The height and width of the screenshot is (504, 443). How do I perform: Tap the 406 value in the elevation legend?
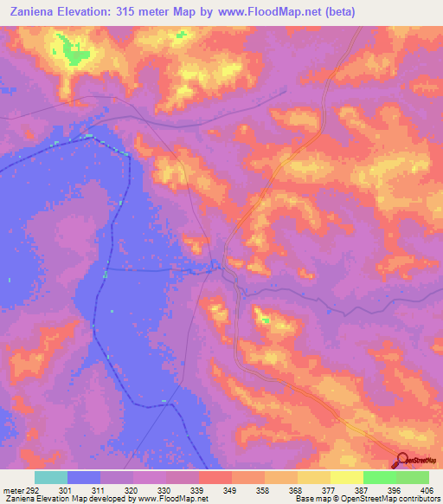tap(425, 490)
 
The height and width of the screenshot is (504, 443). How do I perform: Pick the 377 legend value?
tap(328, 490)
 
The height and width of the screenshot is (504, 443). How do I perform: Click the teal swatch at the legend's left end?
tap(51, 477)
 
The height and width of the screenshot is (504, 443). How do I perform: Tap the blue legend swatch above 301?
tap(84, 477)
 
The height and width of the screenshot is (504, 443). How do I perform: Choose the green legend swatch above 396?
tap(380, 477)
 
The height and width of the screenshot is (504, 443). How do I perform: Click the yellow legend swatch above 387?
tap(347, 477)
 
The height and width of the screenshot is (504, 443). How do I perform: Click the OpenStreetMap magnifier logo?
tap(402, 460)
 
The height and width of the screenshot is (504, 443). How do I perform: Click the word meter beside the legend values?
tap(13, 490)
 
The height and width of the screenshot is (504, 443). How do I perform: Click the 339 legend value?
tap(198, 490)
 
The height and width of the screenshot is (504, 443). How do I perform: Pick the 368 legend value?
tap(296, 490)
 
